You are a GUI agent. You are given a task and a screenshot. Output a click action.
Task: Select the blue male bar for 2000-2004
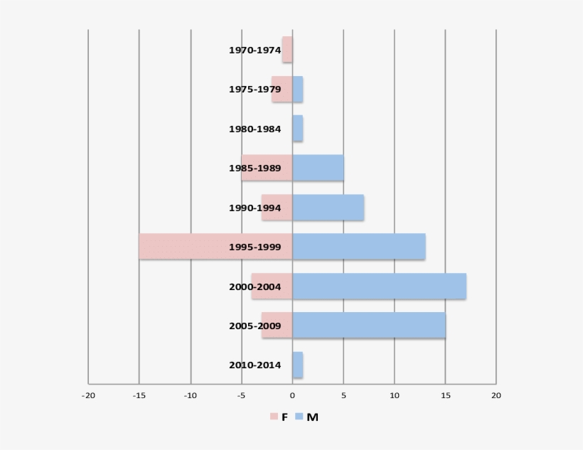coord(379,286)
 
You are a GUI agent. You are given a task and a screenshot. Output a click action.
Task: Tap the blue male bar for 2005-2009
coord(369,326)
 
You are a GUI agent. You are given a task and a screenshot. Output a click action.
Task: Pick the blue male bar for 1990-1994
coord(328,208)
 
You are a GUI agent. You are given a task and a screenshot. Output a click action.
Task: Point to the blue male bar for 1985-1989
coord(318,168)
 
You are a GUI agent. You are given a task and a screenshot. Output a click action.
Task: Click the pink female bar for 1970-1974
coord(287,50)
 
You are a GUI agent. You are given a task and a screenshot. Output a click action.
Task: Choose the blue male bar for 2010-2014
coord(298,365)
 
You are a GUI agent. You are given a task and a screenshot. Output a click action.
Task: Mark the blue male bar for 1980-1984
coord(298,129)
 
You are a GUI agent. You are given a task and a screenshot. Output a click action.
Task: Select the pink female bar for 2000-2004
coord(272,286)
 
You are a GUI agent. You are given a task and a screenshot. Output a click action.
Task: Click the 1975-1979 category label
coord(255,90)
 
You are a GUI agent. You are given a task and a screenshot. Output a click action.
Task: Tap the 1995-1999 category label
coord(255,247)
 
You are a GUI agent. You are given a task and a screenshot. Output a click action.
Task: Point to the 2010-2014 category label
coord(255,365)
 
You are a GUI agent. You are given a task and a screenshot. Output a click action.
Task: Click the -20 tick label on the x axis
coord(88,395)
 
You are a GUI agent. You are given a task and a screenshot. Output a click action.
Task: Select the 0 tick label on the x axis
coord(292,395)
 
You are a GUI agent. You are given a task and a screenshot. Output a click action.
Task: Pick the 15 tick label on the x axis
coord(445,395)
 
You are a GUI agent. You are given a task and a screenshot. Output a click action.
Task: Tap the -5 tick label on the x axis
coord(241,395)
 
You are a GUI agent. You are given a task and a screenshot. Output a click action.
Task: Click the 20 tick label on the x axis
coord(496,395)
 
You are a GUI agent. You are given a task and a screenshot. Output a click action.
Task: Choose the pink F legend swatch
coord(274,417)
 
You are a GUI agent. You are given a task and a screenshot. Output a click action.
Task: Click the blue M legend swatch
coord(299,417)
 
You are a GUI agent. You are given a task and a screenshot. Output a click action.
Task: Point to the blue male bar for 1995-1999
coord(359,247)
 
